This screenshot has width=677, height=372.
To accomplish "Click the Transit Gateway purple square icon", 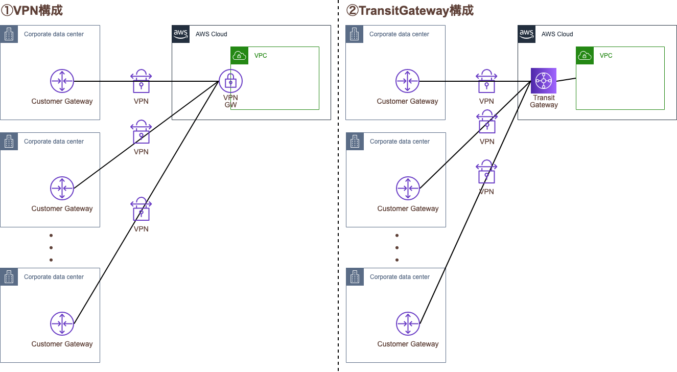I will [x=543, y=81].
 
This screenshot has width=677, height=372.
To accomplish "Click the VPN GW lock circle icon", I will [x=230, y=81].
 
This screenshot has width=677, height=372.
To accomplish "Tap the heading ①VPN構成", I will [x=35, y=10].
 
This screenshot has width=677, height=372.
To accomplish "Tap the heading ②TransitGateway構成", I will [x=410, y=10].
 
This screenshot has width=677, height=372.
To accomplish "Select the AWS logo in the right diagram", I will [x=527, y=34].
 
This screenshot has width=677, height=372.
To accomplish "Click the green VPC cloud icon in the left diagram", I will [x=240, y=56].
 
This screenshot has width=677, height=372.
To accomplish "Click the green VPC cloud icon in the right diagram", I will [x=585, y=56].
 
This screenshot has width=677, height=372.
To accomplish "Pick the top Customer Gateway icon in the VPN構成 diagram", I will [x=62, y=81].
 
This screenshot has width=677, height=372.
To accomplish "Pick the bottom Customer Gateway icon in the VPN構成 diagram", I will [x=62, y=323].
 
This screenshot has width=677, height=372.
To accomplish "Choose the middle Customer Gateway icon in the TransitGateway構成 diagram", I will [x=408, y=188].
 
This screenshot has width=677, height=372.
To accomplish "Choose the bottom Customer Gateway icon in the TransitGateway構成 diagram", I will [x=408, y=323].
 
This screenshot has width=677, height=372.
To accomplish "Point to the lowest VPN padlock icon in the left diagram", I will [x=141, y=209].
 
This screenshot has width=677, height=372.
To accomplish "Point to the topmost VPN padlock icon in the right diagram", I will [x=486, y=81].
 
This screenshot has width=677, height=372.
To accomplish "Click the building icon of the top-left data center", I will [x=9, y=34].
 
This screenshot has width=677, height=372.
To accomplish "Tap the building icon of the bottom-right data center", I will [x=355, y=277].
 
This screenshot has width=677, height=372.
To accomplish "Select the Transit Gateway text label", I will [x=543, y=101].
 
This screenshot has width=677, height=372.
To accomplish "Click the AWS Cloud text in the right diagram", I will [x=557, y=34].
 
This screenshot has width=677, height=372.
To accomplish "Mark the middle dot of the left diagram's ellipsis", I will [x=51, y=248].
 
